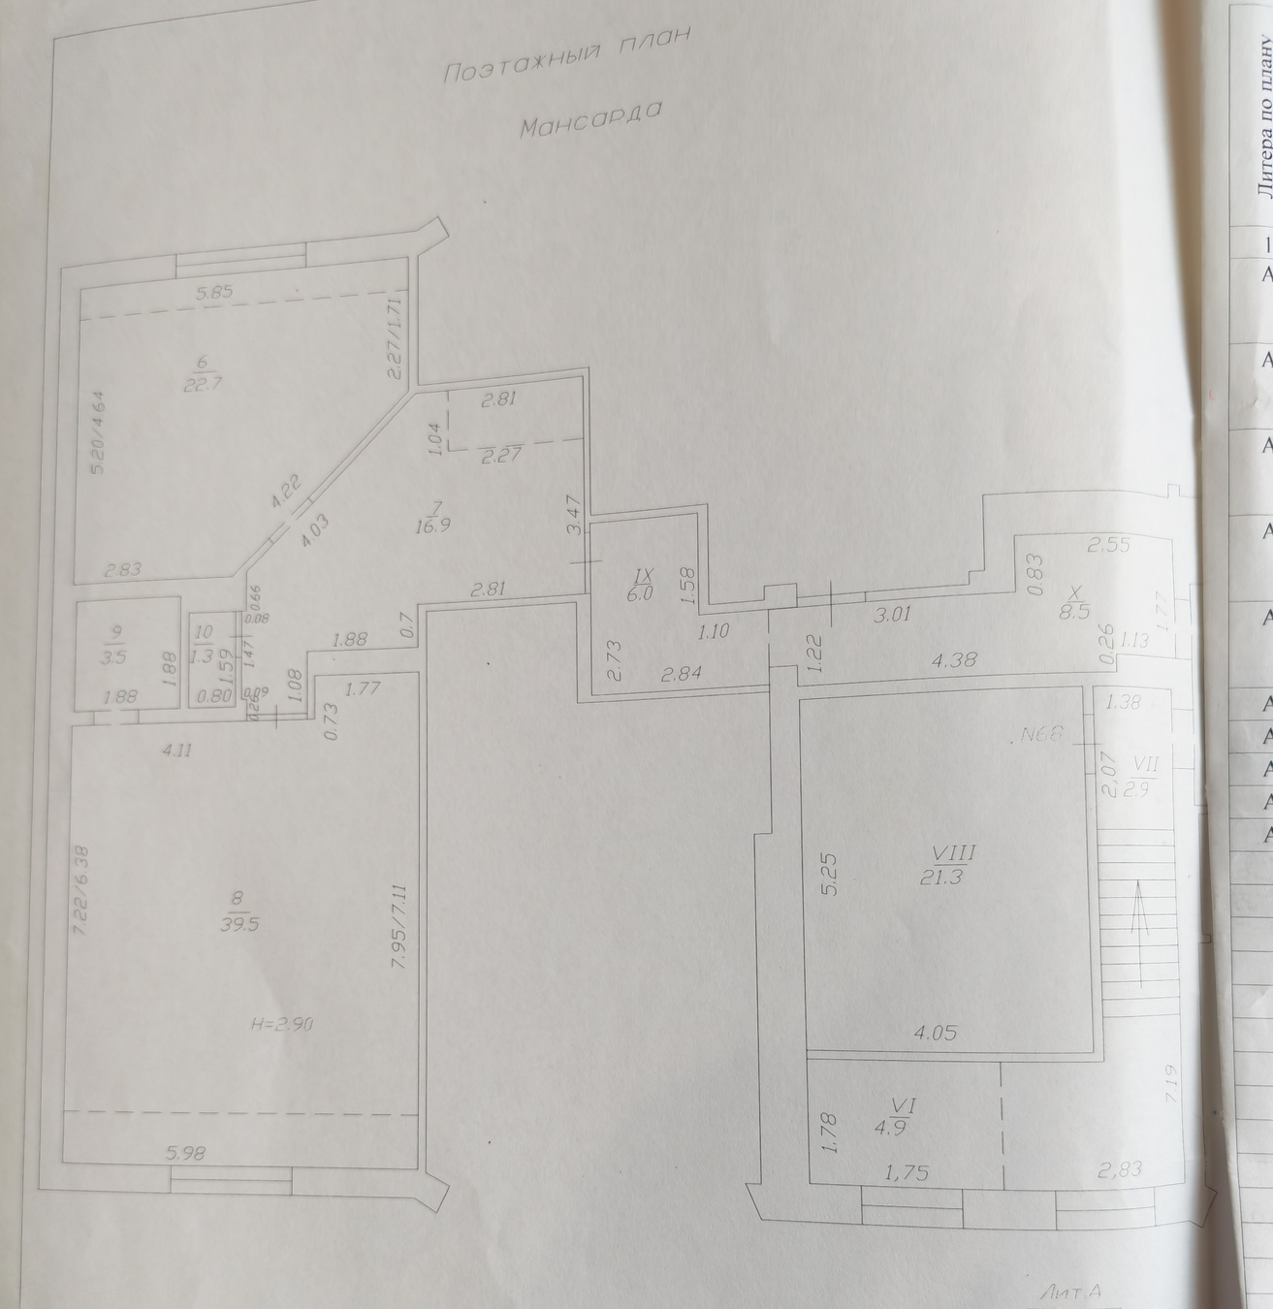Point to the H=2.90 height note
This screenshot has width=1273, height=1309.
279,1024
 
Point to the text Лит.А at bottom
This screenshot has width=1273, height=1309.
1070,1293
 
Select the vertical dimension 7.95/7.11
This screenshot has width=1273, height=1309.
398,907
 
